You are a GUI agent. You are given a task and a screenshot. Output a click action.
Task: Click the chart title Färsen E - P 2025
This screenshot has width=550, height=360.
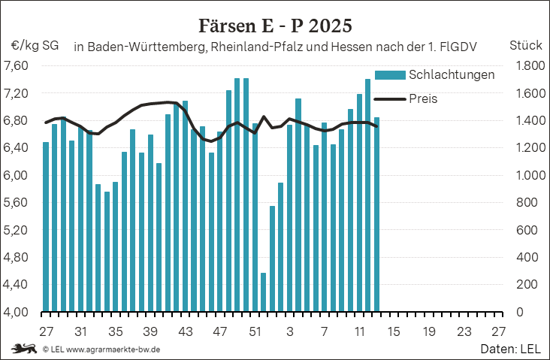coord(274,26)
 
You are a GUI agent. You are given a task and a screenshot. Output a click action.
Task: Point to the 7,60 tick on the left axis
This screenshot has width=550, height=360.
coord(16,66)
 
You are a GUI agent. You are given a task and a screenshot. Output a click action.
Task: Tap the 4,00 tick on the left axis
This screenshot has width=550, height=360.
coord(16,312)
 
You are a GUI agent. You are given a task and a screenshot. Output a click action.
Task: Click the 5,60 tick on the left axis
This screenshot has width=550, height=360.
coord(16,203)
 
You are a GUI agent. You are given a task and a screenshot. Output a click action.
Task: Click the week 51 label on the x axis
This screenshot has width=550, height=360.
coord(255,331)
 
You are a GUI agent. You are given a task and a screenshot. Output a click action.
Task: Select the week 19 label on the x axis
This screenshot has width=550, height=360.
coord(429,331)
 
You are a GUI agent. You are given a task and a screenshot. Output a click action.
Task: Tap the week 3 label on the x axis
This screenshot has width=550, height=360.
coord(290,331)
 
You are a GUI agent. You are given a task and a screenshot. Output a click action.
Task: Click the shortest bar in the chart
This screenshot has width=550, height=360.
coord(263,292)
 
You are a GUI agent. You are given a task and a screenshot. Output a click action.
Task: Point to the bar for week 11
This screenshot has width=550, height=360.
coord(359,203)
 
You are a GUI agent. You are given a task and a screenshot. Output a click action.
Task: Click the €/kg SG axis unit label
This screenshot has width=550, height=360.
coord(35,45)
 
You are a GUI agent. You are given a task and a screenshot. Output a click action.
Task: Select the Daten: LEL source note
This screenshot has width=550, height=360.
coord(511,349)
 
